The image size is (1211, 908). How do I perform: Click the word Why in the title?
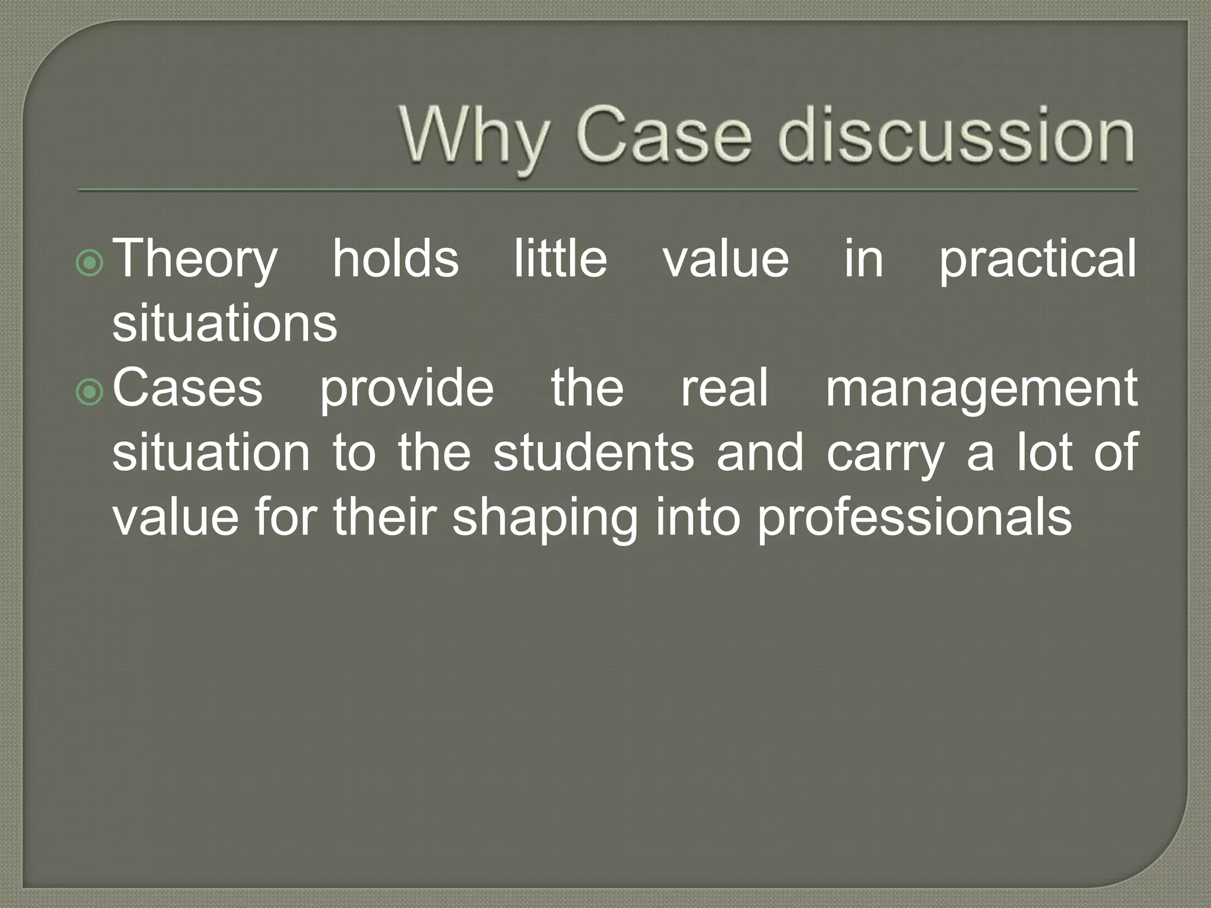[x=473, y=136]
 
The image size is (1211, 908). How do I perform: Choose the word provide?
[x=407, y=389]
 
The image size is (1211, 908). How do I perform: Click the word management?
[x=981, y=389]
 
